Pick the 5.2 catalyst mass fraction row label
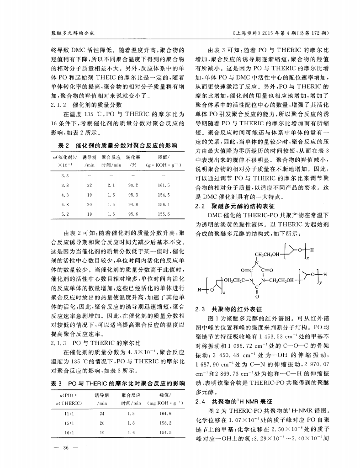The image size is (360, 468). pos(64,213)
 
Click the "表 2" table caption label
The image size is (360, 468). pos(64,145)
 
